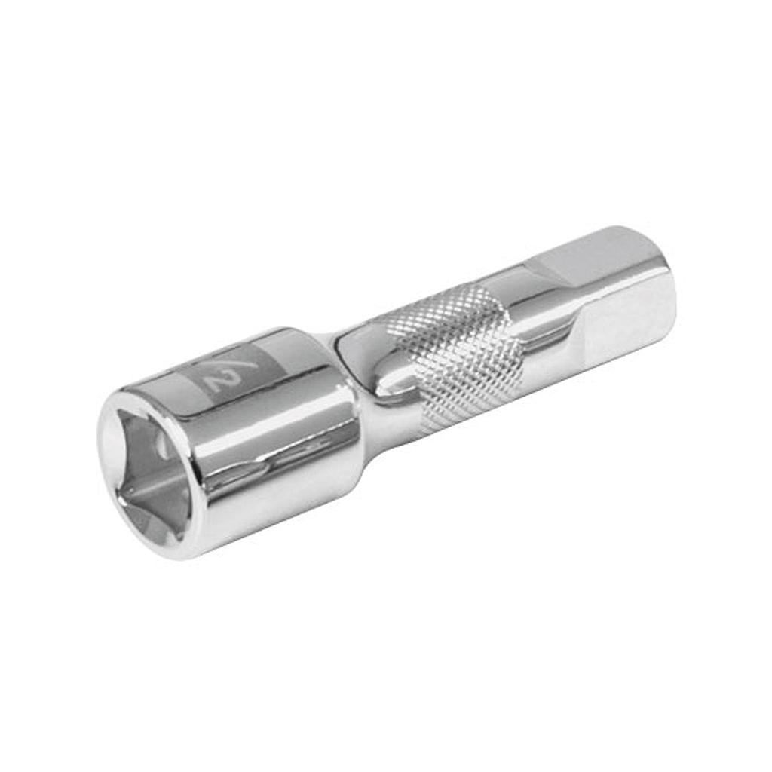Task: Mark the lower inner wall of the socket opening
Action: click(151, 505)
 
